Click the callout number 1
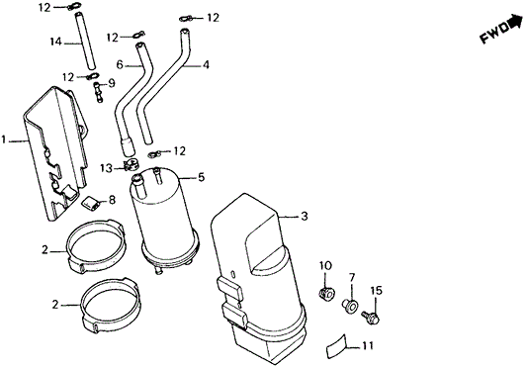[x=6, y=141]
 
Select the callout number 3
[x=305, y=216]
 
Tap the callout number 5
[x=201, y=178]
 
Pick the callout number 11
[x=368, y=345]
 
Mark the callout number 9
[x=126, y=83]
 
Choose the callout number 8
[x=111, y=201]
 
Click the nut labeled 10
[x=326, y=294]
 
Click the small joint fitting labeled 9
[x=99, y=92]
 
